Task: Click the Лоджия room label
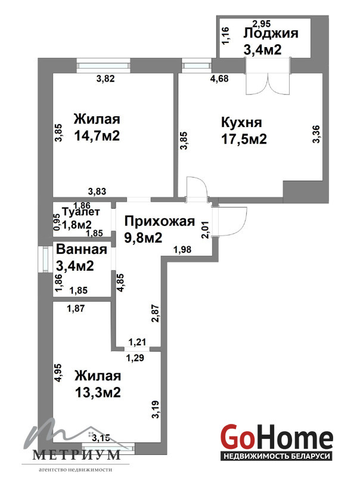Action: (x=271, y=33)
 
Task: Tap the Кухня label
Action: (x=241, y=123)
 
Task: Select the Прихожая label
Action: (x=160, y=221)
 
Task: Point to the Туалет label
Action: (x=80, y=212)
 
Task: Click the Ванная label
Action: (x=82, y=249)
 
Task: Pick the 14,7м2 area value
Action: (x=97, y=135)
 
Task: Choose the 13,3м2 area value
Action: (x=98, y=392)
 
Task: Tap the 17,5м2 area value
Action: (x=244, y=139)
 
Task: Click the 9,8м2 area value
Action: (x=143, y=237)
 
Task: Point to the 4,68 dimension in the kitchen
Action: (x=219, y=79)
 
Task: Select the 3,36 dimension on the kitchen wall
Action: (x=316, y=134)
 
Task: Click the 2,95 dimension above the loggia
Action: (x=262, y=23)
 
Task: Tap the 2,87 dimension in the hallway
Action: (x=156, y=314)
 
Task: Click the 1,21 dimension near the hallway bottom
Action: (x=138, y=342)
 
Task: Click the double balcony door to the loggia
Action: (x=268, y=76)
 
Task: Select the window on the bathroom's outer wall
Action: (x=44, y=259)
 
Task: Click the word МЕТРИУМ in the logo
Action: (x=76, y=454)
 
